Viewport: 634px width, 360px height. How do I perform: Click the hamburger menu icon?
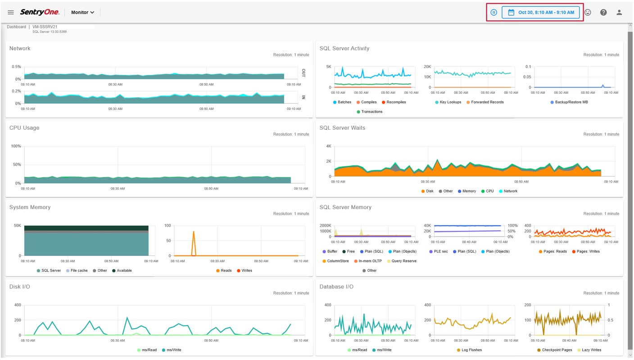(11, 12)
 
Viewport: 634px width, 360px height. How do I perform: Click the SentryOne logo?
(39, 12)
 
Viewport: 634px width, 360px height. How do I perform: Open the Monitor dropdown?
(83, 12)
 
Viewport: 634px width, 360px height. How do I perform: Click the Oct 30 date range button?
(541, 12)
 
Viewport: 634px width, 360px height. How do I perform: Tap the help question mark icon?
(603, 12)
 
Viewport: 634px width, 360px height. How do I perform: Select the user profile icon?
(619, 12)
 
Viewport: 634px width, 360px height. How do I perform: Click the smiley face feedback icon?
(588, 12)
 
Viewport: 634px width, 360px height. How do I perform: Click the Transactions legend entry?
(369, 112)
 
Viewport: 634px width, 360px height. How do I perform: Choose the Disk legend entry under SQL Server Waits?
(427, 191)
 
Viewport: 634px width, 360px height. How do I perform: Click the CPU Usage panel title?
(24, 128)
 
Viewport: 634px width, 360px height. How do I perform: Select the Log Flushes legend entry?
(469, 350)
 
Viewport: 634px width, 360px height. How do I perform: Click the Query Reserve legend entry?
(402, 261)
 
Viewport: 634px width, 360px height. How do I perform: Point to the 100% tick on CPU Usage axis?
(16, 146)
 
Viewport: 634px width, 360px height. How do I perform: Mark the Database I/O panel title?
(336, 287)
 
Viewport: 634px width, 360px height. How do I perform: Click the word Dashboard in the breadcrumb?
(16, 27)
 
